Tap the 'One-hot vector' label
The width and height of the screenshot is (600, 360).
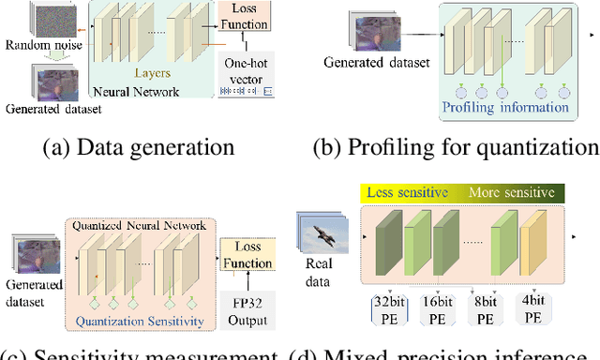[243, 70]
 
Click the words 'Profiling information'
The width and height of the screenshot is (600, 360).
[506, 107]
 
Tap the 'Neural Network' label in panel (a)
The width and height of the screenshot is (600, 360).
[137, 93]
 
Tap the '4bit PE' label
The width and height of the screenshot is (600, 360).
[532, 310]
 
